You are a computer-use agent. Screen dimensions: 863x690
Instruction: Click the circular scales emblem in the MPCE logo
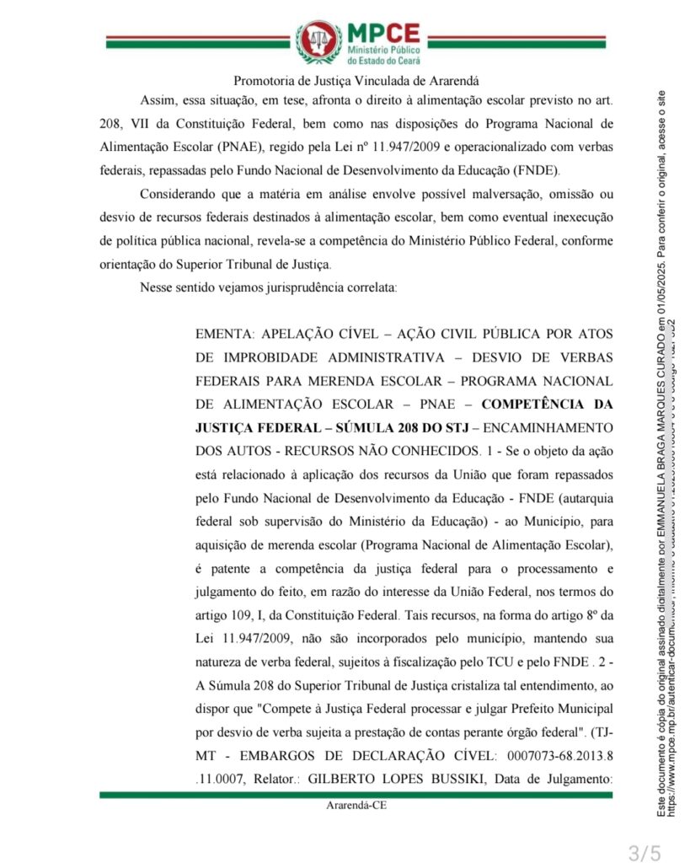coord(318,42)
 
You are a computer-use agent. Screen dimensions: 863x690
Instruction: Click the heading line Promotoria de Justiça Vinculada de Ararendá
coord(356,81)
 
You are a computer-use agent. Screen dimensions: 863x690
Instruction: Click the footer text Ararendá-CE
coord(357,805)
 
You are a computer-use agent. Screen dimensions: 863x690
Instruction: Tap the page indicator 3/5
coord(645,851)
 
